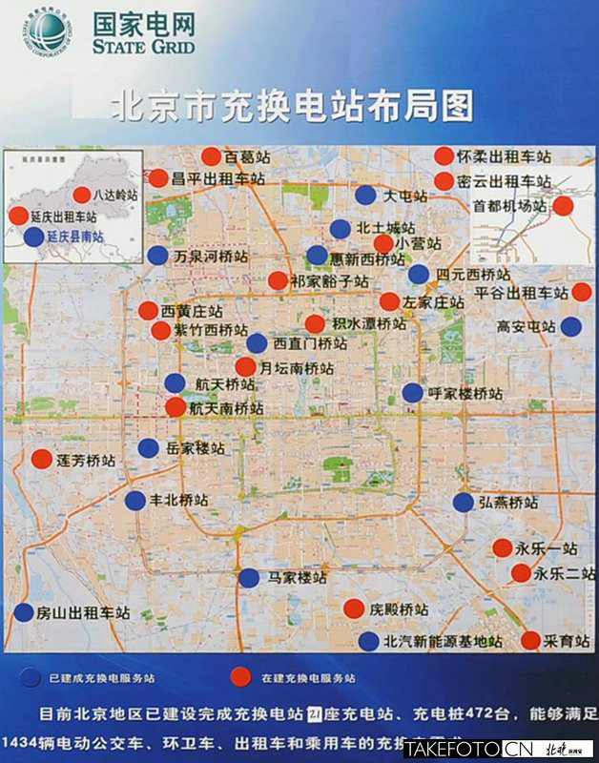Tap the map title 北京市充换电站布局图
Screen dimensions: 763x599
292,104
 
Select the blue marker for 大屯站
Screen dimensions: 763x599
365,195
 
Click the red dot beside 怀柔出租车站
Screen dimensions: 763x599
444,156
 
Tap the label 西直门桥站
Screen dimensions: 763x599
310,343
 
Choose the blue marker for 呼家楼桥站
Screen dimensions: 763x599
412,392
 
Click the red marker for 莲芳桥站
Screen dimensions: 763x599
42,459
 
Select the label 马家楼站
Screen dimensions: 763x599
298,577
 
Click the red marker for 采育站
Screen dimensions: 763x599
530,640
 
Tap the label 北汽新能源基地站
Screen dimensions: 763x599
442,641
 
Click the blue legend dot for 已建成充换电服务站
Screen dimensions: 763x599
30,678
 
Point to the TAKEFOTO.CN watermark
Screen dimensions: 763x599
468,750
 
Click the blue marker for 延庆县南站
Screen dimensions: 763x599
34,237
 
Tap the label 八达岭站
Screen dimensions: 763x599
116,195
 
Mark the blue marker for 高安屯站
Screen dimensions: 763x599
570,326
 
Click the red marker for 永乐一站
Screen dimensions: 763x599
502,547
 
